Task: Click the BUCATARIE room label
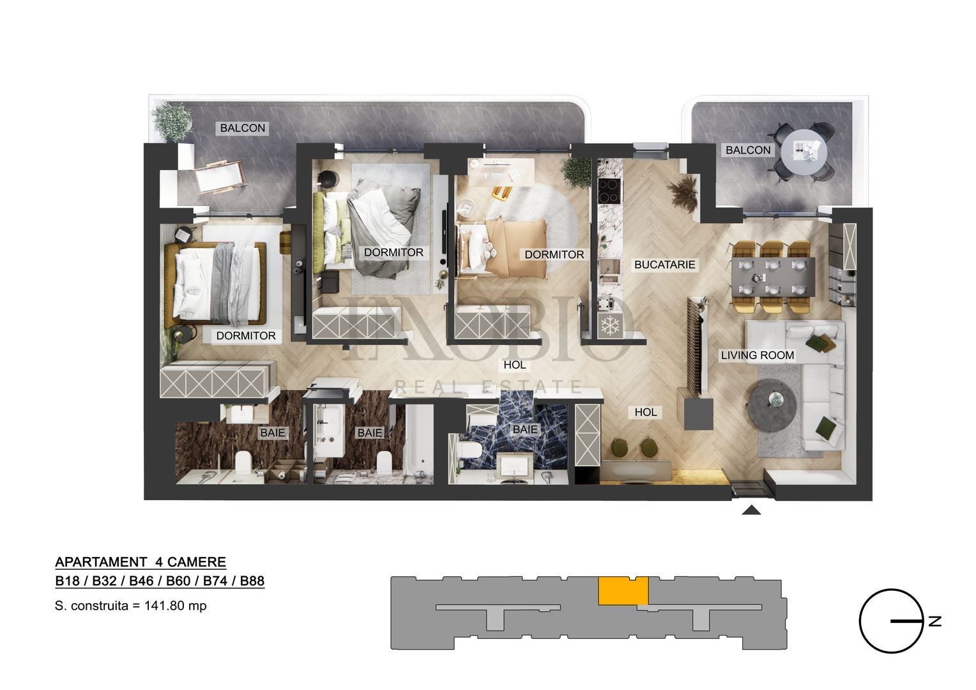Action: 664,264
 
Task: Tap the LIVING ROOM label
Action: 757,355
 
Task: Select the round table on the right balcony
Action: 805,151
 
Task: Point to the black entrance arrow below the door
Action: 752,509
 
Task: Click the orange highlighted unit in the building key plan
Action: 623,590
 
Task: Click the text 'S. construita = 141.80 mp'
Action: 131,606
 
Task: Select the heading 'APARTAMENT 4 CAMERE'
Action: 141,562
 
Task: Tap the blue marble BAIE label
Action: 525,429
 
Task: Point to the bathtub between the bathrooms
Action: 419,441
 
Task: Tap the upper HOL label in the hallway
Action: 514,365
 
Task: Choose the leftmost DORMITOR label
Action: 246,335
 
